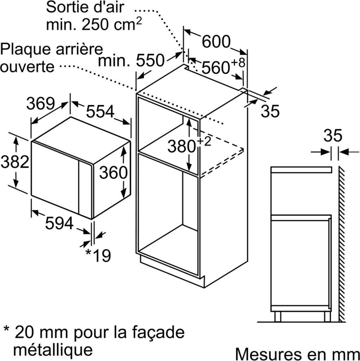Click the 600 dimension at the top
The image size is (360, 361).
(x=216, y=42)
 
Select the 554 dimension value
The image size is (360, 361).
(x=100, y=112)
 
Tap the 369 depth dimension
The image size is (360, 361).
(x=41, y=104)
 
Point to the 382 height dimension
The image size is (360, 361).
(x=14, y=162)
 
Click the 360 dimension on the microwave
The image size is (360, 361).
(x=113, y=172)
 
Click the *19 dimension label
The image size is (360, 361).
(x=98, y=255)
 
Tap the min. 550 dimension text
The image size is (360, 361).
(x=132, y=61)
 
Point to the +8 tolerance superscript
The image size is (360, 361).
(x=238, y=62)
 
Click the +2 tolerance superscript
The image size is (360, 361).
(x=203, y=141)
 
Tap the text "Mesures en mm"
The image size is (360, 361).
(x=297, y=353)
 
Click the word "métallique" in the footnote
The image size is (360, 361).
(x=53, y=349)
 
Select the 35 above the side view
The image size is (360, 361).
(x=332, y=136)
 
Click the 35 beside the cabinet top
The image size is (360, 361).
(x=270, y=111)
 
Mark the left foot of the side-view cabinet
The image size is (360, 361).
(x=277, y=316)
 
